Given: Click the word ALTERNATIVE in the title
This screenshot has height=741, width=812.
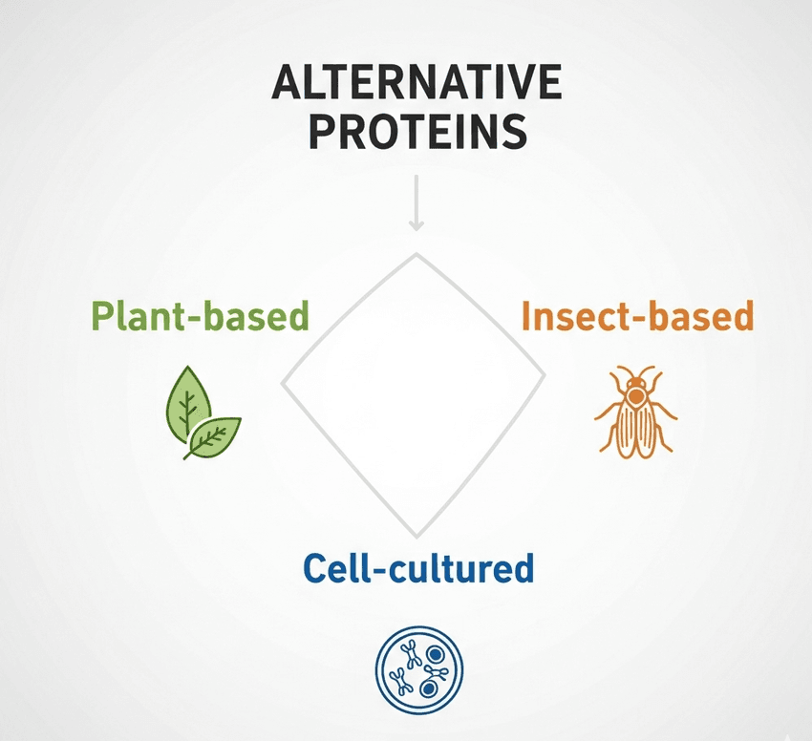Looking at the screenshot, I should click(416, 86).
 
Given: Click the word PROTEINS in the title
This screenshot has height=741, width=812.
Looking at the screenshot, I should click(418, 131).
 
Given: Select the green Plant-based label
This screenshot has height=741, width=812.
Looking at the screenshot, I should click(201, 315).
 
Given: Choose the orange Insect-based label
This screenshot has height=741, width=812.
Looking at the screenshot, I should click(637, 315).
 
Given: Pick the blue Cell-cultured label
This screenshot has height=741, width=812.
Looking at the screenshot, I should click(417, 569).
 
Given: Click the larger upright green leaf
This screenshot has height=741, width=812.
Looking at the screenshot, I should click(188, 402).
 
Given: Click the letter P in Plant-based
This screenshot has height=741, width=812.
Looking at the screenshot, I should click(100, 315).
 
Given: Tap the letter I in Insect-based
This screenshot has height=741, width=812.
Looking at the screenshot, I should click(526, 315).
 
